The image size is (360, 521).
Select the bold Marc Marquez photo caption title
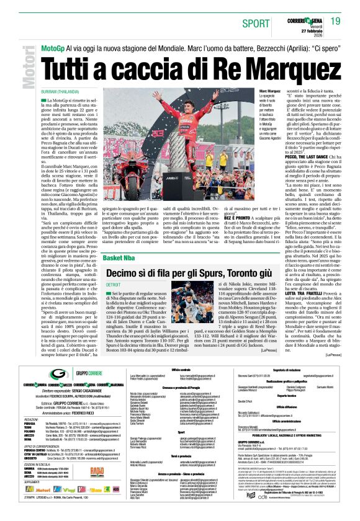pyautogui.click(x=270, y=91)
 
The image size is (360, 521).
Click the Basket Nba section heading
pyautogui.click(x=124, y=257)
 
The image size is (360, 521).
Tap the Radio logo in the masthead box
pyautogui.click(x=97, y=470)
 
